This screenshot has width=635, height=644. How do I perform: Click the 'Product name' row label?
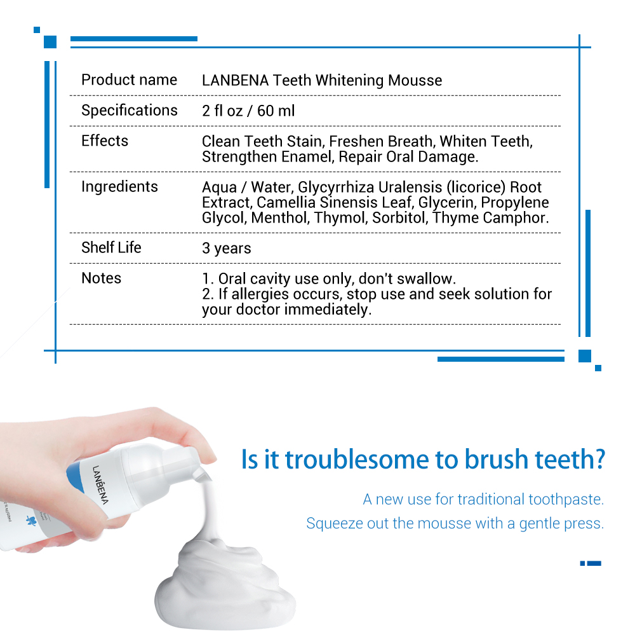tap(129, 80)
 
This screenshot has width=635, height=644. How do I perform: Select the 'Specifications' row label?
tap(129, 111)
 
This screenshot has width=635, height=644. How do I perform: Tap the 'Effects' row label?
tap(105, 141)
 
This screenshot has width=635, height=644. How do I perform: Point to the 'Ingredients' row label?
tap(119, 187)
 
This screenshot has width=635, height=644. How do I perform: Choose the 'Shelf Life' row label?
tap(111, 248)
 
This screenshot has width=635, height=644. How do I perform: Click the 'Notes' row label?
tap(101, 278)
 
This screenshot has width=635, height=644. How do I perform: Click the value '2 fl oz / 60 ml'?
tap(248, 111)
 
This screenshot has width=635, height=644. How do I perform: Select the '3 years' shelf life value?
tap(226, 249)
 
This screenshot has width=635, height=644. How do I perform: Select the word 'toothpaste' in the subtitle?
tap(565, 499)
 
